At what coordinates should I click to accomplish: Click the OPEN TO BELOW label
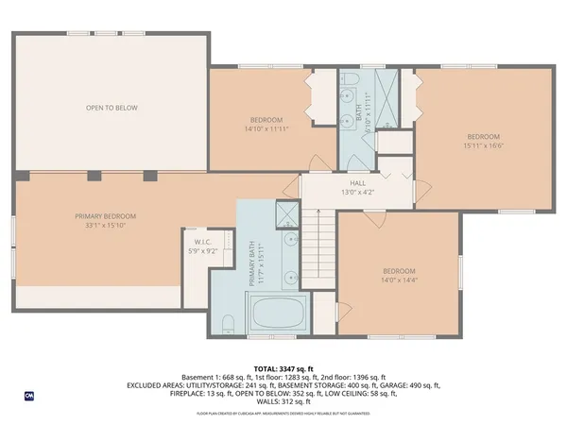tap(112, 108)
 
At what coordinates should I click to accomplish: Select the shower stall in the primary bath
tap(284, 216)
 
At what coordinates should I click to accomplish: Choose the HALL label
tap(357, 183)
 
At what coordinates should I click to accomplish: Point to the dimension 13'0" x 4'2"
tap(357, 193)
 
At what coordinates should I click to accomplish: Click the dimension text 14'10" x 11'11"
tap(266, 128)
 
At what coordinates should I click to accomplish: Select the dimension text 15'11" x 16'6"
tap(482, 145)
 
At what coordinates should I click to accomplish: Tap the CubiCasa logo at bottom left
tap(28, 395)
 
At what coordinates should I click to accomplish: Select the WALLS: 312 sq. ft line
tap(283, 402)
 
